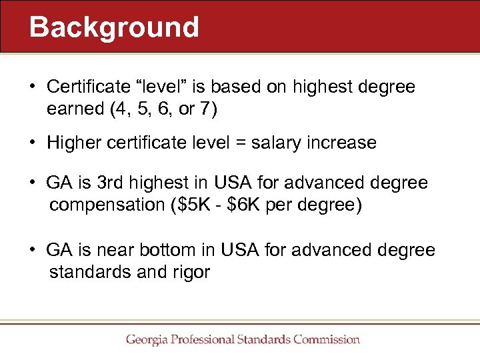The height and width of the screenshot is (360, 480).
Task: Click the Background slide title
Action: pyautogui.click(x=114, y=27)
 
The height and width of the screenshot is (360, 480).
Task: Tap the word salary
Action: pyautogui.click(x=274, y=143)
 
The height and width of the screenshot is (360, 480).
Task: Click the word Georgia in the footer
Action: pyautogui.click(x=148, y=339)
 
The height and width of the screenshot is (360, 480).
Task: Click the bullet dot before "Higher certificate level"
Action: pyautogui.click(x=32, y=143)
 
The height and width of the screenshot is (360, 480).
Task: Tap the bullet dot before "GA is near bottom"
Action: pyautogui.click(x=32, y=251)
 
